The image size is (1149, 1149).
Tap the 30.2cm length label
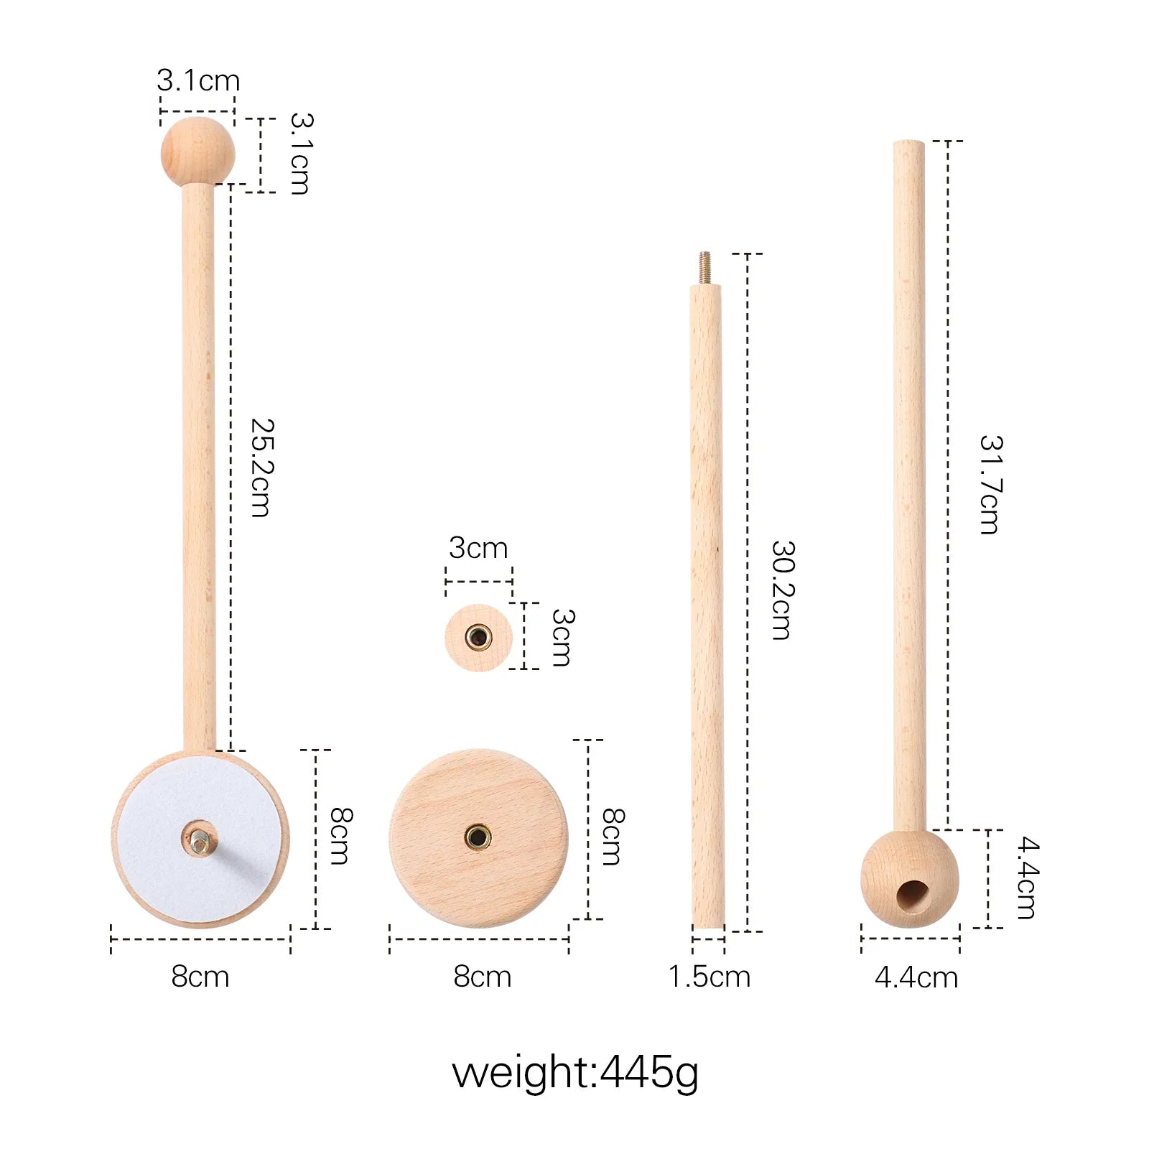[x=782, y=590]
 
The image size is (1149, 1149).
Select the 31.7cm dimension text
[x=990, y=485]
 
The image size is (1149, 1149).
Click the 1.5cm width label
[x=709, y=977]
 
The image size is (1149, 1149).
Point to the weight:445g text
[x=574, y=1073]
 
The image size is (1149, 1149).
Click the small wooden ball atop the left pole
[x=197, y=152]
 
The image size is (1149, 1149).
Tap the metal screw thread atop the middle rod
[x=704, y=268]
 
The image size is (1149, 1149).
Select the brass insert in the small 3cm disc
[x=478, y=637]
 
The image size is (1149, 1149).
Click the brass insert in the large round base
[x=478, y=837]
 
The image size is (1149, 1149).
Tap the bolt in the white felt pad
[x=199, y=839]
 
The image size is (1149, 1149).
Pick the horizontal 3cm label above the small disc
[x=478, y=548]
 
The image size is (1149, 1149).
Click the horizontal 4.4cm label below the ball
[x=916, y=977]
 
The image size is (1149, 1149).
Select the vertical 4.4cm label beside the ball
[x=1027, y=878]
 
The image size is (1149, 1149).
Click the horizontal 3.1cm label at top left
[x=198, y=80]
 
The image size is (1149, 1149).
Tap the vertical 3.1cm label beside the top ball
[x=300, y=154]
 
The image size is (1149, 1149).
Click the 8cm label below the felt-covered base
[x=200, y=977]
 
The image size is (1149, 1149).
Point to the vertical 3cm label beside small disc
[x=562, y=638]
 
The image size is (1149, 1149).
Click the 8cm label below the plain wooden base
[x=482, y=977]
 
